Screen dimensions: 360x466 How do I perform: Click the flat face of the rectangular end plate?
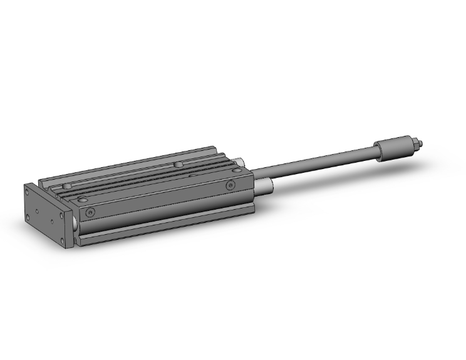pyautogui.click(x=47, y=213)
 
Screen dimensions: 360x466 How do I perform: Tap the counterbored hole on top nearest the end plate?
pyautogui.click(x=67, y=187)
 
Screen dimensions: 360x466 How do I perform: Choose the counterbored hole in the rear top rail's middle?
pyautogui.click(x=179, y=164)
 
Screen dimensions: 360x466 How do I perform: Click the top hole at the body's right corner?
pyautogui.click(x=237, y=168)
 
